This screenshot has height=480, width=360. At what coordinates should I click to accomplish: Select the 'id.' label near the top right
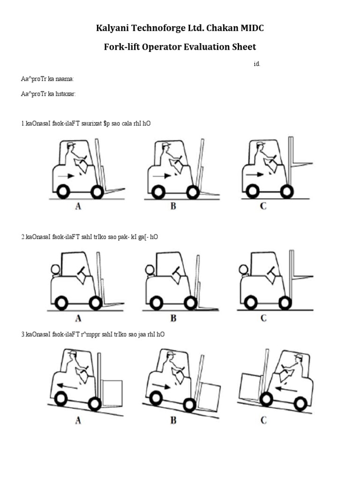pos(256,64)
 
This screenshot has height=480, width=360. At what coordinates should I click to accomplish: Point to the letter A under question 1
pos(78,206)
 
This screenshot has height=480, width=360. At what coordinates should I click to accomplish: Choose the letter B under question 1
pos(173,206)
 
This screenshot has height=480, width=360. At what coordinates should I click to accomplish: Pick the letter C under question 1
pos(263,206)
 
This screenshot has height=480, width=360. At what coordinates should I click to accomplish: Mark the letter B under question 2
pos(173,318)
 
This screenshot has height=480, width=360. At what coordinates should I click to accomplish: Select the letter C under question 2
pos(263,318)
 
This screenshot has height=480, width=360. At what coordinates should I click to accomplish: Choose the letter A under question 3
pos(78,421)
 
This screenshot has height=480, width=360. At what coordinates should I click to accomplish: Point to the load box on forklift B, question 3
pos(209,396)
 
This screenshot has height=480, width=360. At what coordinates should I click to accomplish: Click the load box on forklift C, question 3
pos(249,386)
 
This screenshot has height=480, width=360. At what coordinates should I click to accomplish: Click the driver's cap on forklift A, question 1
pos(71,144)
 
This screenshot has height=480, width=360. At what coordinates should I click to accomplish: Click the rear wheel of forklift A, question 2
pos(61,303)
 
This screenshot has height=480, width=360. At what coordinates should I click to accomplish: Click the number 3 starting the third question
pos(22,335)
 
